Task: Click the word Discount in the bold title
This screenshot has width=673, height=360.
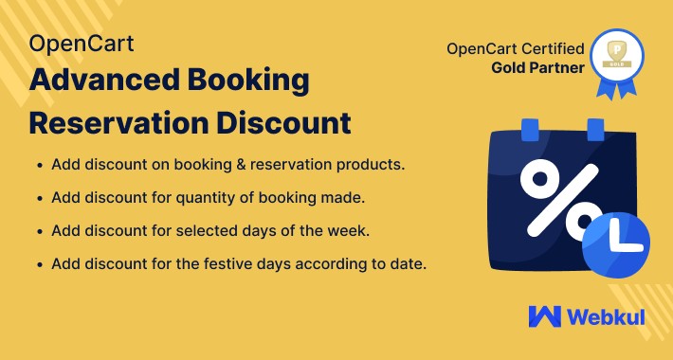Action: coord(290,123)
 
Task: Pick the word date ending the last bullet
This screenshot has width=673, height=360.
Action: coord(408,263)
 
